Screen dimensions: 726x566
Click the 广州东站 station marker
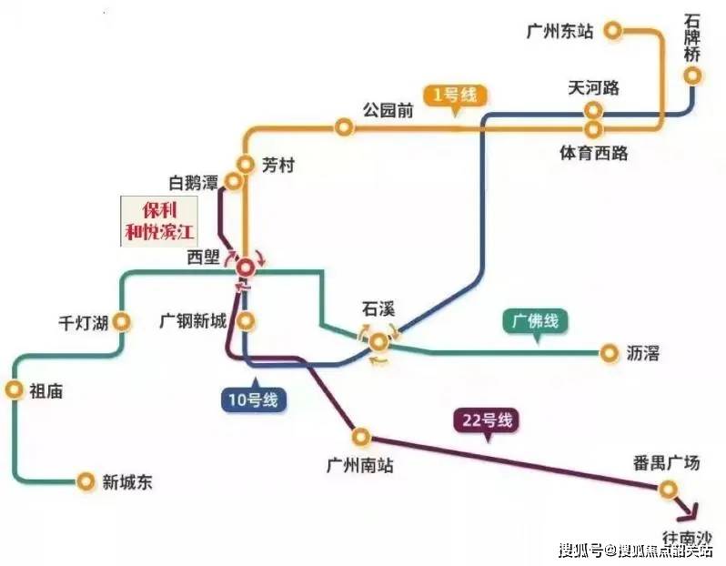(613, 31)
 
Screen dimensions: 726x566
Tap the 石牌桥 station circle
(692, 76)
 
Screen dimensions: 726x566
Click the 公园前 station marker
(344, 126)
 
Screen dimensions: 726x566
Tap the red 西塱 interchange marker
(246, 268)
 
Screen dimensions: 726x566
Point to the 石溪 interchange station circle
(378, 342)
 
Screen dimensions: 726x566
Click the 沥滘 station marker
(610, 353)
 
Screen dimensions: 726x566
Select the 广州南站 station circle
(361, 437)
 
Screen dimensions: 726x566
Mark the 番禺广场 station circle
(668, 490)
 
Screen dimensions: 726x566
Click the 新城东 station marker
(86, 481)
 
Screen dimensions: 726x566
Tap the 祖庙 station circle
(15, 390)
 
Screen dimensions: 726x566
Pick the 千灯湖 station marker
(122, 321)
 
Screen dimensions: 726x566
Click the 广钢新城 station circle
(246, 320)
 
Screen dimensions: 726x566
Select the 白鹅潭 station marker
(233, 181)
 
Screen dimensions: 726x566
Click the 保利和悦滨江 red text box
(159, 221)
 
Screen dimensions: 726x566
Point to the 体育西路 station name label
(593, 153)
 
